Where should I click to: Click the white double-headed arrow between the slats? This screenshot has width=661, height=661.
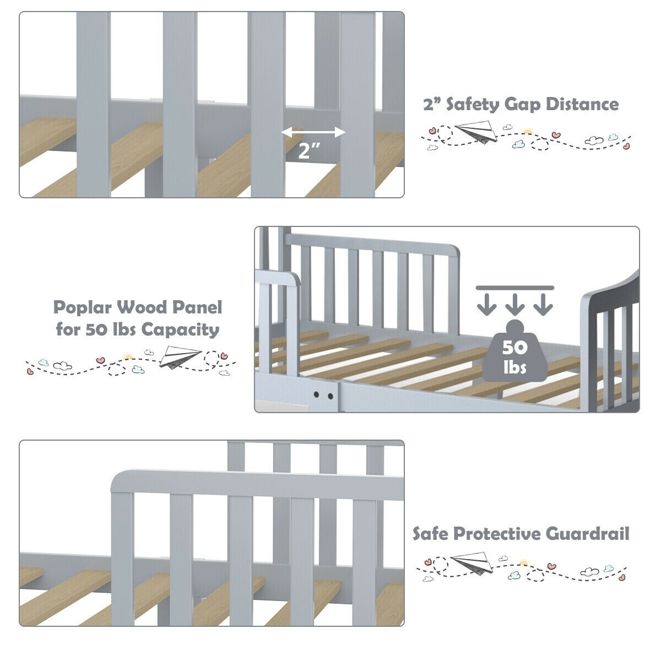pos(313,132)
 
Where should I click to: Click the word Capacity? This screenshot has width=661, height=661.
pos(180,330)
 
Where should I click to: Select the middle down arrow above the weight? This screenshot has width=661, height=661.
pos(515,304)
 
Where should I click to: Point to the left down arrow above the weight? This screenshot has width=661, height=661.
pos(486,304)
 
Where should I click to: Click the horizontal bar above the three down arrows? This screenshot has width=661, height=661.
pos(515,287)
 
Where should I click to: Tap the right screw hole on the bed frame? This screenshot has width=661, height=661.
pos(330,395)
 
